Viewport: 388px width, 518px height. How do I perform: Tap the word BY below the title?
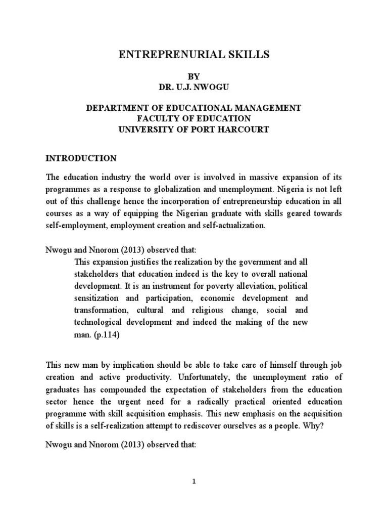click(194, 77)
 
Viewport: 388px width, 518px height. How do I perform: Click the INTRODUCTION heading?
click(81, 158)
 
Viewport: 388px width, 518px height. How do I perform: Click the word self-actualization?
click(234, 225)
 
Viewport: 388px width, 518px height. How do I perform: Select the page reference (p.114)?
click(107, 334)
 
